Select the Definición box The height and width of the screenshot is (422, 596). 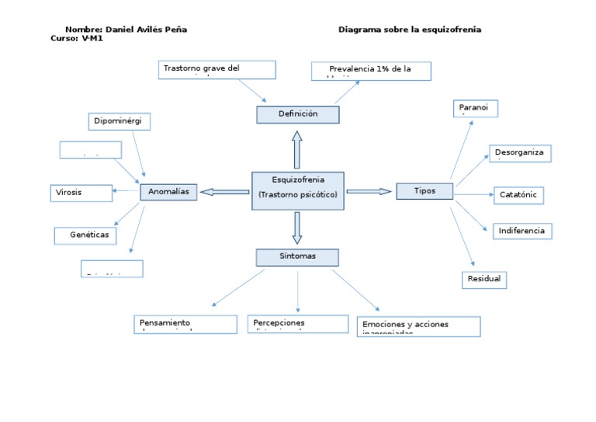pos(298,114)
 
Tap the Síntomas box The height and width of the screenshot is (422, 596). pos(298,256)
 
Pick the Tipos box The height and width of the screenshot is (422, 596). pos(424,191)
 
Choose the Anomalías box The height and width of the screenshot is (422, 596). pos(168,192)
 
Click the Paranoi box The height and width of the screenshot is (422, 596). pos(475,108)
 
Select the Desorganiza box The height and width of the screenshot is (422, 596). pos(520,153)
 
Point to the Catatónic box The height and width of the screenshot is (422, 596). pos(518,195)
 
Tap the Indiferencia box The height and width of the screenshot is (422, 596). pos(521,231)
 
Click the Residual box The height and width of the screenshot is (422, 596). pos(484,279)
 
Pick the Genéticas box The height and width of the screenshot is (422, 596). pos(85,234)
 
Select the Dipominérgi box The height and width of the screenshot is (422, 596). pos(120,121)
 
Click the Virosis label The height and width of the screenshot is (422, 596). pos(68,191)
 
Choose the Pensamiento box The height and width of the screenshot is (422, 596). pos(185,323)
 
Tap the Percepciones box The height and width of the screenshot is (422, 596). pos(298,323)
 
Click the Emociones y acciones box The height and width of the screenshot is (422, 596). pos(420,325)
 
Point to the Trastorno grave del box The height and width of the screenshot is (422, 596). pos(217,69)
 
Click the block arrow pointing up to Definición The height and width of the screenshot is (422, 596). pos(297,148)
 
